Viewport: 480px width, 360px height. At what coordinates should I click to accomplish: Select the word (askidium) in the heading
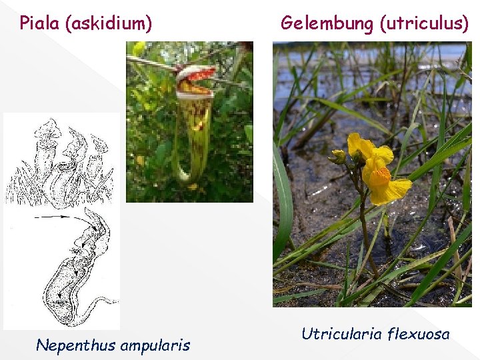click(x=109, y=24)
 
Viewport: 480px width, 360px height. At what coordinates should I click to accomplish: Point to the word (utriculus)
click(x=424, y=23)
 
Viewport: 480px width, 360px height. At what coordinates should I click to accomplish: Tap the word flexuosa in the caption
click(x=420, y=333)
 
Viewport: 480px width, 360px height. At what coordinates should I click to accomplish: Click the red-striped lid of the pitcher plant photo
click(x=196, y=72)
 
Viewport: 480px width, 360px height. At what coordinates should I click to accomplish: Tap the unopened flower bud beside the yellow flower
click(x=339, y=157)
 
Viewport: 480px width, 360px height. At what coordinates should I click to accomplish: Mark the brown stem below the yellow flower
click(x=364, y=227)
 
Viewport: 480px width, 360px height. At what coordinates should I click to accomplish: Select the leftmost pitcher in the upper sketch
click(x=48, y=143)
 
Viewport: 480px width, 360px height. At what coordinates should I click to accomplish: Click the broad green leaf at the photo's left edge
click(x=282, y=200)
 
